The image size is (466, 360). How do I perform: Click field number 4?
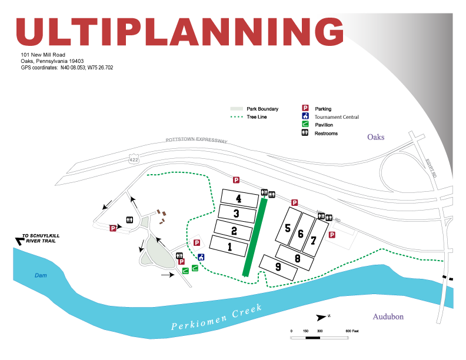tap(238, 198)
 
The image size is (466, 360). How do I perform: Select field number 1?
tap(229, 248)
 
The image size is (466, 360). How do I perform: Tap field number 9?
tap(278, 266)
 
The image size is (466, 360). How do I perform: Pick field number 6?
tap(301, 234)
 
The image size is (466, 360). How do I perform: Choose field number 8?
tap(298, 257)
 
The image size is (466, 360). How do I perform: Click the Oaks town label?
tap(375, 137)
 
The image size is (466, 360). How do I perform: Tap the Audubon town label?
tap(388, 316)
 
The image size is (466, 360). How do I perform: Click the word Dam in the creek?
tap(41, 275)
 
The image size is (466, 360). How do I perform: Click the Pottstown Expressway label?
tap(196, 141)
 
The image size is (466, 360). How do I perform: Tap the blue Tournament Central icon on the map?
tap(201, 257)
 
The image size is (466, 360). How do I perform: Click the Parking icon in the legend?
tap(305, 108)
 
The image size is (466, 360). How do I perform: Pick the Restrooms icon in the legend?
tap(305, 133)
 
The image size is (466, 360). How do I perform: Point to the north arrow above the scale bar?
tap(321, 317)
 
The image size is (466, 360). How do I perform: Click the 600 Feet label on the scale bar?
tap(352, 332)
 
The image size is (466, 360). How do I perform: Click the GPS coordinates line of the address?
tap(66, 68)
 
